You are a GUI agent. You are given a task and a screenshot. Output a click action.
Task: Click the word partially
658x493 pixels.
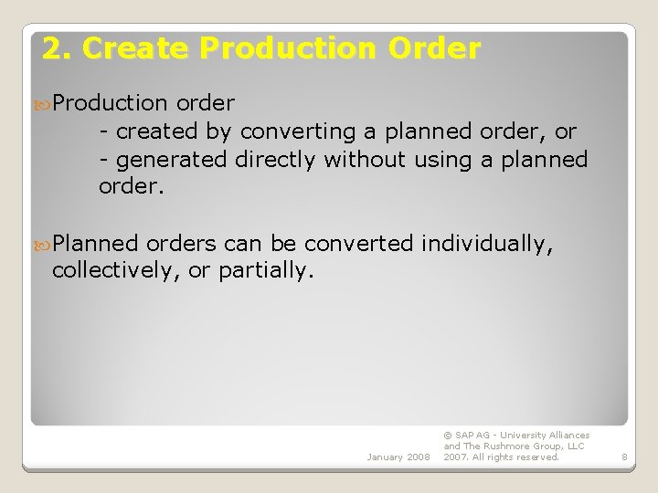(270, 271)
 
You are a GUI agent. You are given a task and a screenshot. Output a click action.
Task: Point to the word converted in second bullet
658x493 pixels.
(359, 244)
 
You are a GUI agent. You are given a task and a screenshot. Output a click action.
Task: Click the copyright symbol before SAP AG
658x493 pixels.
(448, 435)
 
